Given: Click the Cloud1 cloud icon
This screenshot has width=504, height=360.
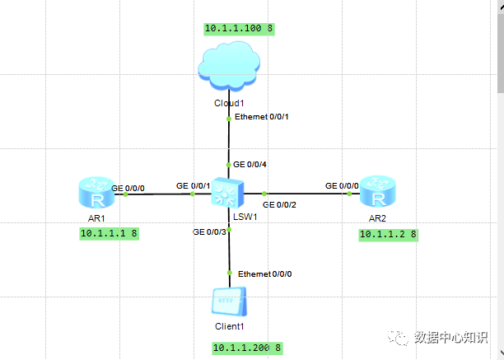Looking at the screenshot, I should pyautogui.click(x=230, y=68).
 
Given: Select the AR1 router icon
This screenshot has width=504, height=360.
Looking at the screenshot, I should pyautogui.click(x=97, y=194).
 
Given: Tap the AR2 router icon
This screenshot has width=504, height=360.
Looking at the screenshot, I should pyautogui.click(x=378, y=193).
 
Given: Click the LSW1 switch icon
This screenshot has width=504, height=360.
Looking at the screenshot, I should pyautogui.click(x=225, y=194).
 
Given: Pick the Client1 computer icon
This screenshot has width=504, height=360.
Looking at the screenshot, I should pyautogui.click(x=229, y=302).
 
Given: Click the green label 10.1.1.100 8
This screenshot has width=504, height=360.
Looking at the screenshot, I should pyautogui.click(x=239, y=29).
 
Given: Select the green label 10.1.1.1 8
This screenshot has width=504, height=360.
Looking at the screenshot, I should pyautogui.click(x=109, y=234).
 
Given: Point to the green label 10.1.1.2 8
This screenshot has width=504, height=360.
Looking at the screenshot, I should pyautogui.click(x=389, y=235).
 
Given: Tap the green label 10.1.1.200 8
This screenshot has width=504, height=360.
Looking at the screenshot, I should pyautogui.click(x=247, y=348).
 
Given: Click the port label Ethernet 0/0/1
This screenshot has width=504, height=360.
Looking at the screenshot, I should pyautogui.click(x=262, y=117).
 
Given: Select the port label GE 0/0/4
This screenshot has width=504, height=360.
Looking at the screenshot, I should pyautogui.click(x=250, y=164).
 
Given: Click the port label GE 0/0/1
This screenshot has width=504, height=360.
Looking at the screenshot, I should pyautogui.click(x=194, y=186).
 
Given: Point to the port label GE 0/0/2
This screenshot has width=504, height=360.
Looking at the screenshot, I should pyautogui.click(x=279, y=203).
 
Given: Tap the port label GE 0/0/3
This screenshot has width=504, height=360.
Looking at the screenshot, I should pyautogui.click(x=209, y=232).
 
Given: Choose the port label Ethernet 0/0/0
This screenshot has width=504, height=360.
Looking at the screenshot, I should pyautogui.click(x=264, y=273).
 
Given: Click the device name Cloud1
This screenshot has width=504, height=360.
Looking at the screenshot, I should pyautogui.click(x=229, y=103).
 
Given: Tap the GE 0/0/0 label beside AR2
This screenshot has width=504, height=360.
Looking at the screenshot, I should pyautogui.click(x=342, y=185).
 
